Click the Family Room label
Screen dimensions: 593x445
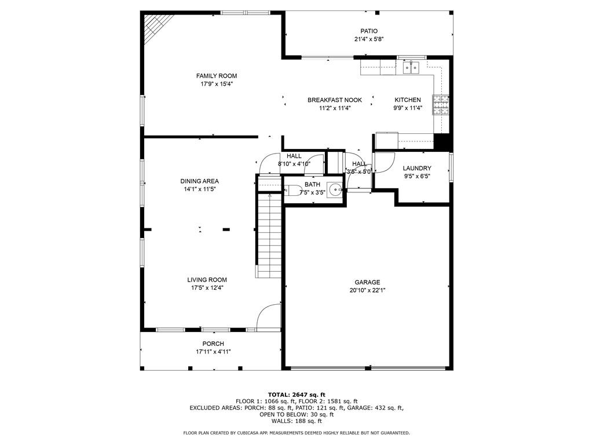pos(217,76)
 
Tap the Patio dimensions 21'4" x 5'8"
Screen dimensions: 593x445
pos(369,39)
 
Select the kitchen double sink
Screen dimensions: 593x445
pos(411,68)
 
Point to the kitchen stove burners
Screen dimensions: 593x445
pos(441,105)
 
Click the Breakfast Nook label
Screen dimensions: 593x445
pos(335,100)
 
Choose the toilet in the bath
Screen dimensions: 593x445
pos(292,190)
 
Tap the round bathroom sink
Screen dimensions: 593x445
pos(335,189)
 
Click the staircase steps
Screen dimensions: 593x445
pos(269,235)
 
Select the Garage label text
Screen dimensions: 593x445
pos(367,282)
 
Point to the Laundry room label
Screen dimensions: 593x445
pos(417,169)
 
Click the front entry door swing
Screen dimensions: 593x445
pos(269,317)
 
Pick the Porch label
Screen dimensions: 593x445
pos(213,344)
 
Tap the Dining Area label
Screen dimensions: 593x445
pos(199,181)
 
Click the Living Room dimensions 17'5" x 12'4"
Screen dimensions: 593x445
pos(207,288)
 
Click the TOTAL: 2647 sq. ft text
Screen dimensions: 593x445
pos(296,395)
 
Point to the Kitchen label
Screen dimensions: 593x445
pos(408,100)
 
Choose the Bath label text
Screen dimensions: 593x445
pos(312,184)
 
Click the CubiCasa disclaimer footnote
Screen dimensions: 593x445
pos(296,433)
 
